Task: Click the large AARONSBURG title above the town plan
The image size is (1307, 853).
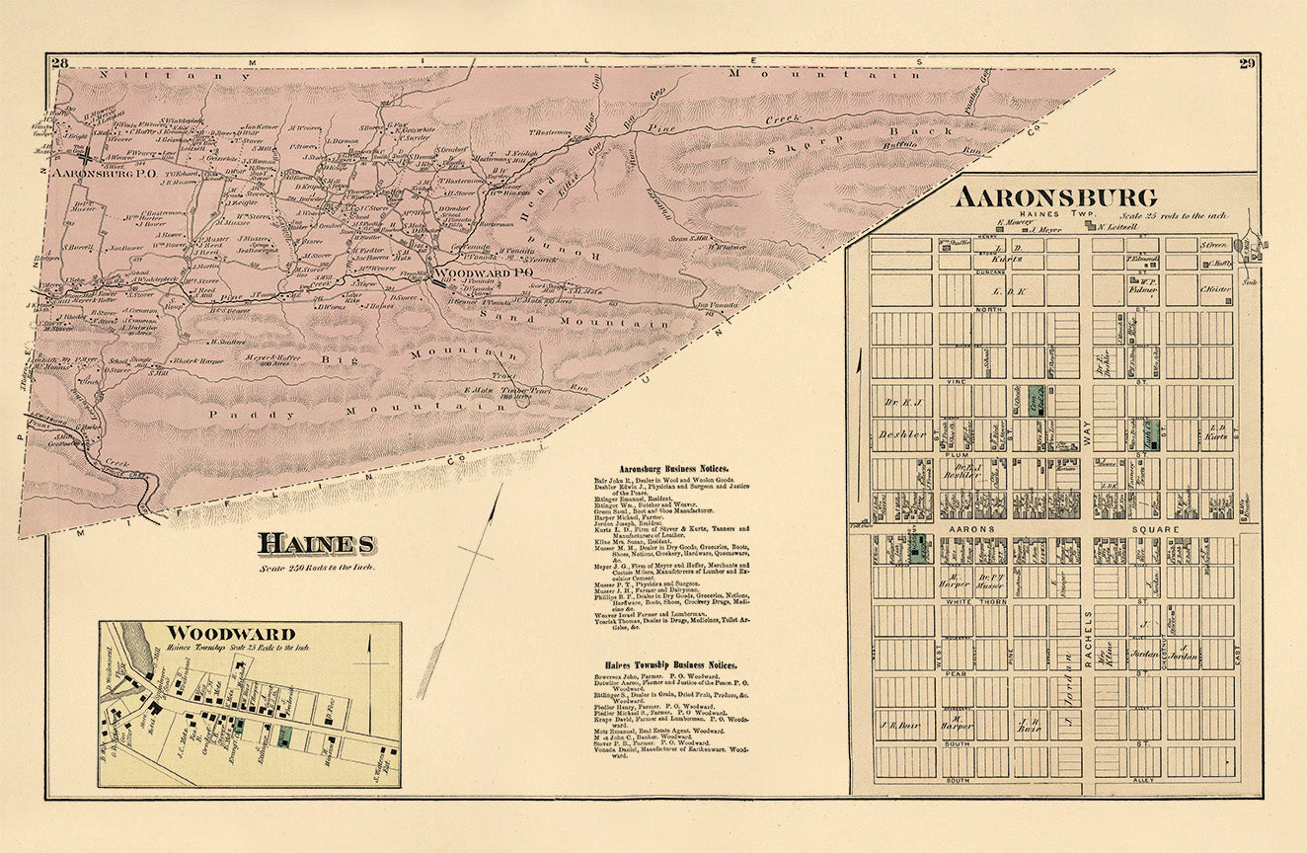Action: (1055, 197)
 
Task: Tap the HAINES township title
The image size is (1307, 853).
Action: (316, 544)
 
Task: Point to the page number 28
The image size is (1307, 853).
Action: (60, 64)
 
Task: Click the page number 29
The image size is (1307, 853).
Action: (1246, 64)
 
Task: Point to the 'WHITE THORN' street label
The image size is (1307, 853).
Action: (975, 602)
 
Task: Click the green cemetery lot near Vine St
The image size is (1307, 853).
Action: (1035, 400)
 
